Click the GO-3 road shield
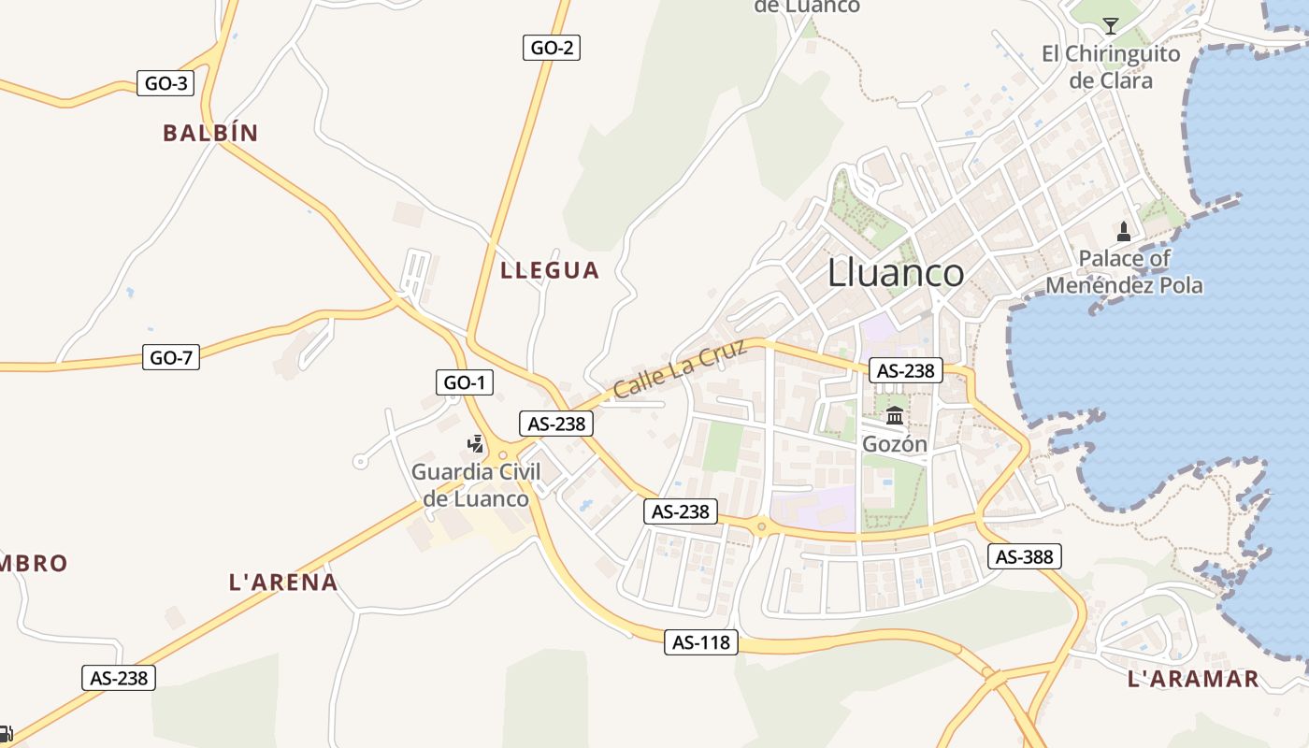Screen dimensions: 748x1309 tap(165, 83)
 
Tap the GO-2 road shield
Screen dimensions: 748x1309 tap(551, 47)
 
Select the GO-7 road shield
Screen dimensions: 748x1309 tap(171, 356)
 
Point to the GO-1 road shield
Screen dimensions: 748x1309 tap(464, 381)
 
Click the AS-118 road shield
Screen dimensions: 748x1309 tap(701, 642)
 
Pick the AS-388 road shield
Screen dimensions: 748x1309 tap(1024, 556)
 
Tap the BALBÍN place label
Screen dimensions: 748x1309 tap(210, 133)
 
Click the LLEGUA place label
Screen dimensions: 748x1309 tap(550, 270)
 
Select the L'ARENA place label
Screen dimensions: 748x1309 tap(283, 582)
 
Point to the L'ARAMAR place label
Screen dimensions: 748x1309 tap(1193, 679)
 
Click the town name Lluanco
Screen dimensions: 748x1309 tap(896, 272)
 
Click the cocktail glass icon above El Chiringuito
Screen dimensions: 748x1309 tap(1111, 25)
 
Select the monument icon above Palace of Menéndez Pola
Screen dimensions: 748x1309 tap(1124, 231)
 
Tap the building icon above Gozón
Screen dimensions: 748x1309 tap(895, 416)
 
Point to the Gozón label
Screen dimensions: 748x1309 tap(895, 444)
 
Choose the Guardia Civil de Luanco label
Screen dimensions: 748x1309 tap(476, 484)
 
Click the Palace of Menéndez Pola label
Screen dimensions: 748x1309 tap(1124, 271)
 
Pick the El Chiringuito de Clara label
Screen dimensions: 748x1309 tap(1111, 66)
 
